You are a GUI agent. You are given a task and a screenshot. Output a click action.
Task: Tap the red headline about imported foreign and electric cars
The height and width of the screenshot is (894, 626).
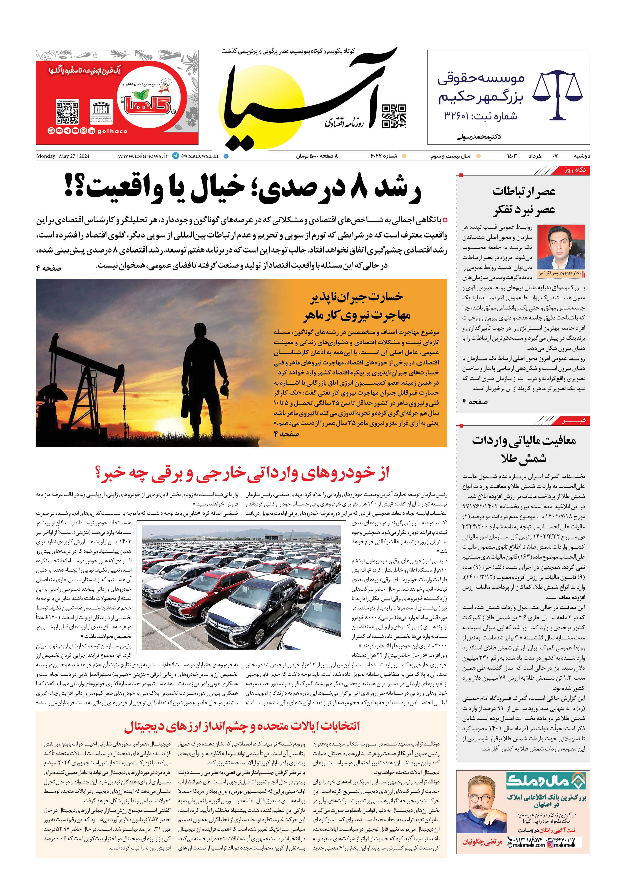(241, 473)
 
